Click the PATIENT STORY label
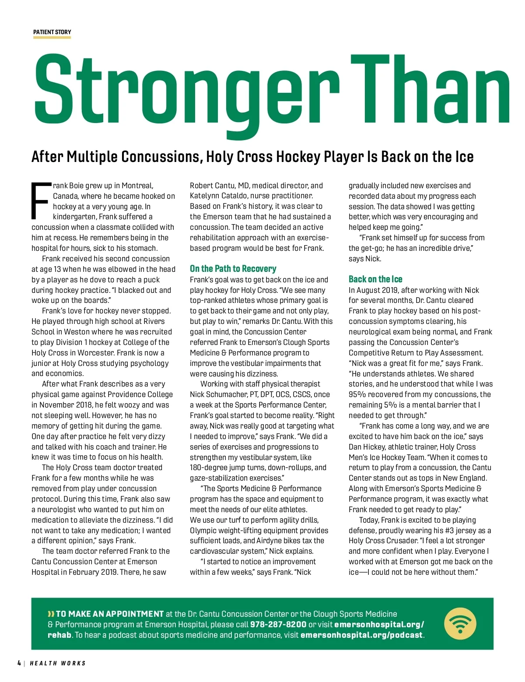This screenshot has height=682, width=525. pyautogui.click(x=52, y=32)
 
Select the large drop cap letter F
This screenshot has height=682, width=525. pyautogui.click(x=41, y=200)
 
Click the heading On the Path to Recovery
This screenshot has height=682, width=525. pyautogui.click(x=233, y=269)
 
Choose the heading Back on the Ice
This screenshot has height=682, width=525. pyautogui.click(x=375, y=279)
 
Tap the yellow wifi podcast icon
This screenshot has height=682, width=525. pyautogui.click(x=460, y=623)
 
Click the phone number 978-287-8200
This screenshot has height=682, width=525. pyautogui.click(x=278, y=625)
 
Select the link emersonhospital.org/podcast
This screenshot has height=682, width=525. pyautogui.click(x=361, y=635)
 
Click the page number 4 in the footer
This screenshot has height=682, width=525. pyautogui.click(x=19, y=663)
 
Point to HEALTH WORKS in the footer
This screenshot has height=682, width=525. pyautogui.click(x=58, y=664)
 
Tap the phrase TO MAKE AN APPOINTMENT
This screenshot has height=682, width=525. pyautogui.click(x=109, y=614)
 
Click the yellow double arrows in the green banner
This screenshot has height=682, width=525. pyautogui.click(x=51, y=614)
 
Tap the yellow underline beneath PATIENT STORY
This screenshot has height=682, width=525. pyautogui.click(x=52, y=38)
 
